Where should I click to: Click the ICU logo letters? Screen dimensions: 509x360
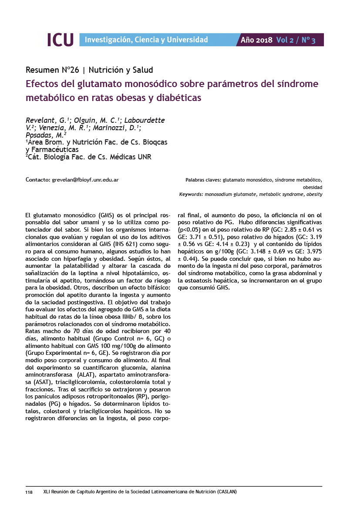(60, 40)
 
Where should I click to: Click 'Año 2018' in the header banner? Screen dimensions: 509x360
(256, 40)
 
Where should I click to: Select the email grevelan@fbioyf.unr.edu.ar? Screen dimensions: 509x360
(85, 179)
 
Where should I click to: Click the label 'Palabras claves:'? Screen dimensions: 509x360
(203, 179)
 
